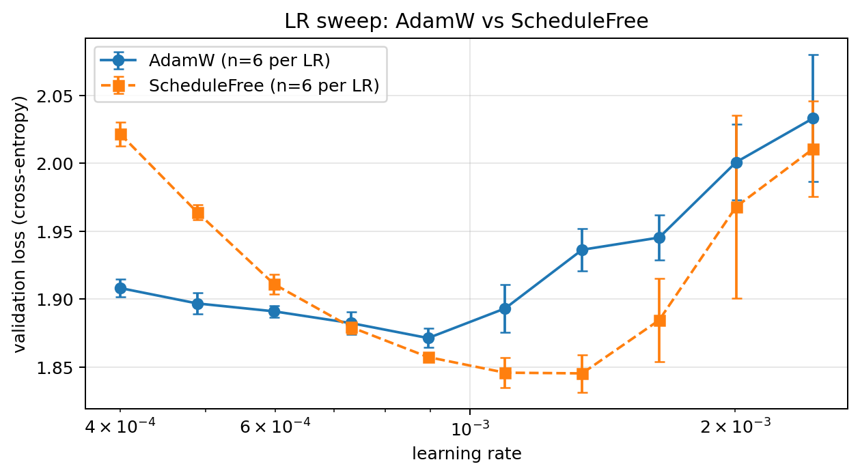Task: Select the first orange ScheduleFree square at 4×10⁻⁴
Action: [120, 134]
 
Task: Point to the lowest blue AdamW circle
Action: [428, 338]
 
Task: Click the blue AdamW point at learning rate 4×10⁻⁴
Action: [120, 288]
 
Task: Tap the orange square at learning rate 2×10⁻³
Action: [736, 207]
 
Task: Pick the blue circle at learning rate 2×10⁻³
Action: [736, 162]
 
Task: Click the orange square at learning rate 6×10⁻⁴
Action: [275, 285]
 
